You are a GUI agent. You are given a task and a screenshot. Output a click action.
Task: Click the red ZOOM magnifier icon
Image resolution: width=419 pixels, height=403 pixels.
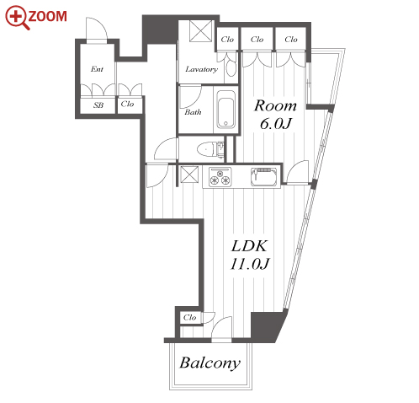tap(18, 18)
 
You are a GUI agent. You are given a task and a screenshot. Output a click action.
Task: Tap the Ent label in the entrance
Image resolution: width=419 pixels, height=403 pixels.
tap(97, 69)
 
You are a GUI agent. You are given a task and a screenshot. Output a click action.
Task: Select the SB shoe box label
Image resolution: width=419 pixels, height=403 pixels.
tap(98, 105)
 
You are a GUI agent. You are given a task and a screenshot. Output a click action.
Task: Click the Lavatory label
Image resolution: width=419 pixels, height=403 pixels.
tap(201, 69)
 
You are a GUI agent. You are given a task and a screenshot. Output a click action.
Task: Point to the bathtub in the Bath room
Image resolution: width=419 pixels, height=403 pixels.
tap(225, 109)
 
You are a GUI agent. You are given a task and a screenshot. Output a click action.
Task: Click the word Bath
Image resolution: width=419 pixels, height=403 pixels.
tap(193, 112)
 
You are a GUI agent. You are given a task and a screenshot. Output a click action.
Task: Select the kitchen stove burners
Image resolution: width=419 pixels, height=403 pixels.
tap(220, 177)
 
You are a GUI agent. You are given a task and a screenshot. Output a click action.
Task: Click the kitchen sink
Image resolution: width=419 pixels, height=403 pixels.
tap(264, 177)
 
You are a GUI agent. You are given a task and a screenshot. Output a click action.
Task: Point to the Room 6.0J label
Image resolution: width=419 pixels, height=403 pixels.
tap(275, 115)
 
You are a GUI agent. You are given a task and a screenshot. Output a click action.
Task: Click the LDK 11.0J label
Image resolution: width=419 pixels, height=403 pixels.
tap(249, 255)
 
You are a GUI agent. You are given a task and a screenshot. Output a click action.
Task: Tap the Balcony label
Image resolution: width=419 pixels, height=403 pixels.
tap(210, 363)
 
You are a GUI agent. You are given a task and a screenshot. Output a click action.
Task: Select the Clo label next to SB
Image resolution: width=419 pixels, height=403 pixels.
tap(127, 104)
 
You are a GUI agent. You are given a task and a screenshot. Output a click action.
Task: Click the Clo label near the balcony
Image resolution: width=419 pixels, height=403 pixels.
tap(189, 318)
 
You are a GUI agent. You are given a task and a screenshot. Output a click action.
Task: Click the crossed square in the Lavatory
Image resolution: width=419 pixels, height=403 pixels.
tap(201, 31)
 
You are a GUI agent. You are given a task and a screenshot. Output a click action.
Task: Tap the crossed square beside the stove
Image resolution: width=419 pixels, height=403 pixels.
tap(189, 175)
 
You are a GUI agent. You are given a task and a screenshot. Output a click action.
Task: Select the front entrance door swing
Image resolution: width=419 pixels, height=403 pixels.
tap(97, 30)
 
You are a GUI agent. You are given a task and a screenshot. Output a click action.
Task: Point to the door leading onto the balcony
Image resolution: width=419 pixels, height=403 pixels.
tap(221, 329)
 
